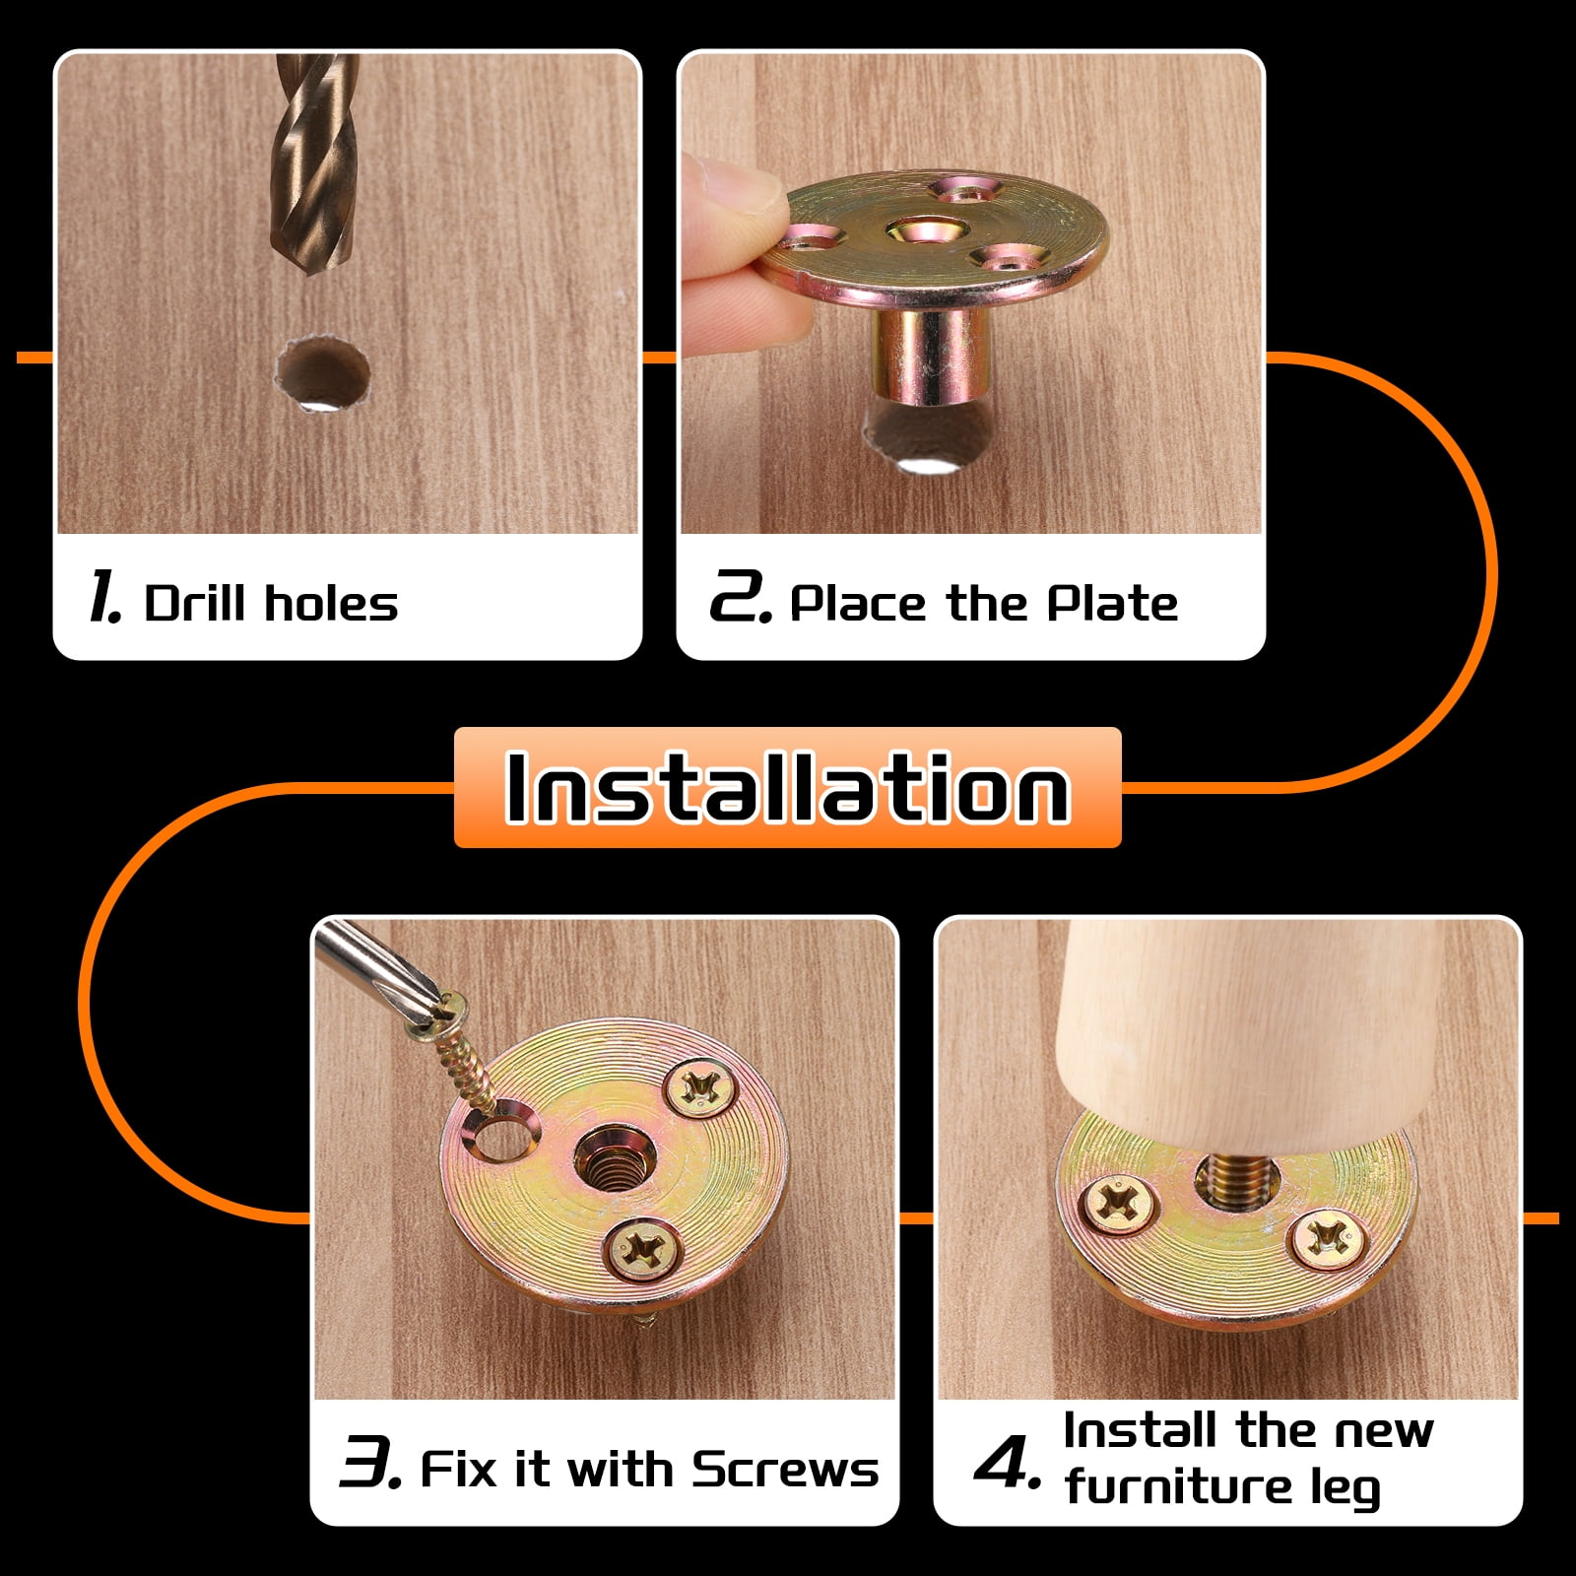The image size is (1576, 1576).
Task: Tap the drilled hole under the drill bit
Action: (x=322, y=374)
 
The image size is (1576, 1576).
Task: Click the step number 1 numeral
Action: (x=104, y=597)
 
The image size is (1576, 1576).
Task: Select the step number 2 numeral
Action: (x=739, y=597)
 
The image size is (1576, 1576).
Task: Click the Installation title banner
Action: (x=787, y=787)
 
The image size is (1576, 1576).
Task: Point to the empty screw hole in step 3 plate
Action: (x=504, y=1137)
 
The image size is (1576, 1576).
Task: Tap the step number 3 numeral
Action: (x=368, y=1462)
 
